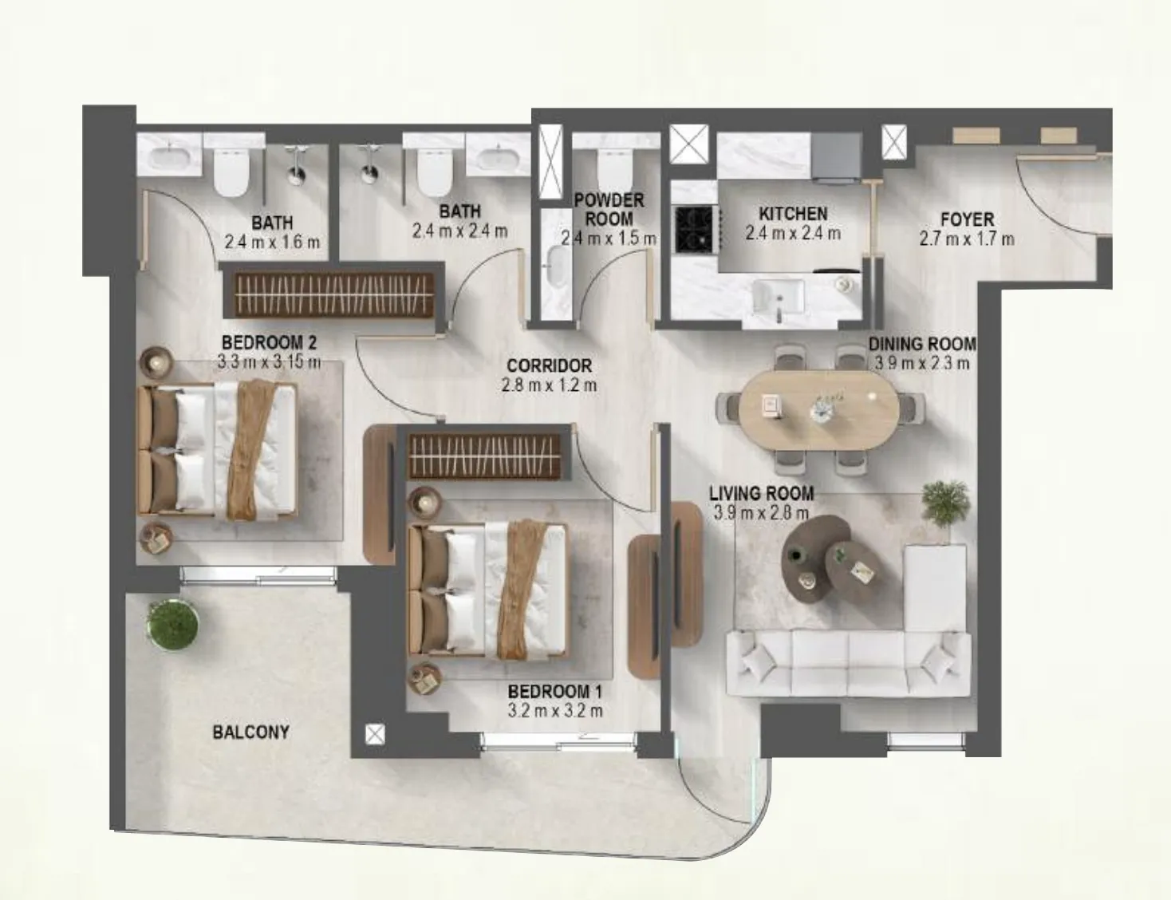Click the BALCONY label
coord(250,732)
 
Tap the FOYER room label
coord(967,219)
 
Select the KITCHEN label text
coord(792,214)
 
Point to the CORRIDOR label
coord(549,365)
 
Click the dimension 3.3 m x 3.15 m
coord(269,361)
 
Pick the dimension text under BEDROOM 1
coord(554,710)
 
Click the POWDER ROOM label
coord(609,209)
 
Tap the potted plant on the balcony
coord(173,624)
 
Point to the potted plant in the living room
coord(946,502)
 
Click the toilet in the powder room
coord(615,165)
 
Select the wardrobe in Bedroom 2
coord(329,295)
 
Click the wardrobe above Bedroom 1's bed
coord(489,456)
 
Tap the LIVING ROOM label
coord(761,494)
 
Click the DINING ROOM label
coord(921,344)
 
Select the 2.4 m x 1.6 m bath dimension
coord(272,242)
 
